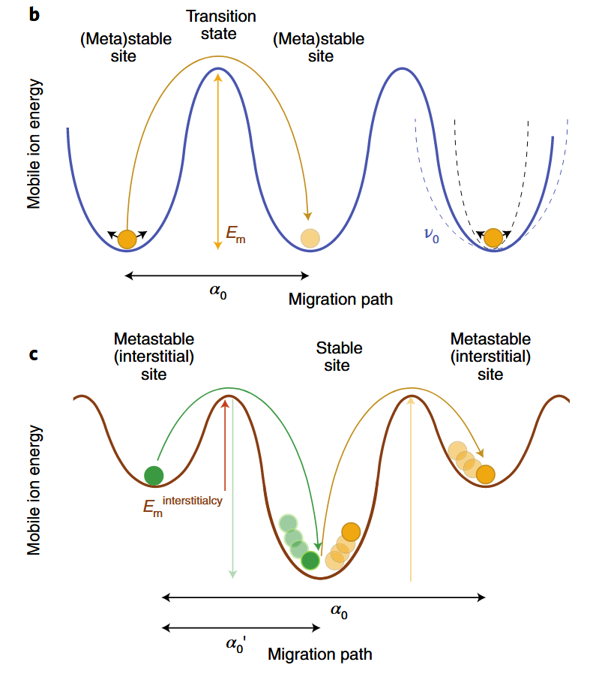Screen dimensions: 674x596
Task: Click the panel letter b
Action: pos(34,14)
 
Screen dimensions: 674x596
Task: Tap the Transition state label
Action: pos(220,25)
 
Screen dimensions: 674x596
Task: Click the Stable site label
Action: pos(339,357)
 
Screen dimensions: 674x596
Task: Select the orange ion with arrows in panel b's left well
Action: pos(127,239)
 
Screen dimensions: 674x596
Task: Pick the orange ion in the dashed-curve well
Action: pos(493,238)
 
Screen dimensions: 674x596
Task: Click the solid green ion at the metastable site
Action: pos(154,474)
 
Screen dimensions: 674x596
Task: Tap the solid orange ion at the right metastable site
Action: pos(485,474)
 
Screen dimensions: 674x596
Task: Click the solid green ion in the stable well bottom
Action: pos(310,560)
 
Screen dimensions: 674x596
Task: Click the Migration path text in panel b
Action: pos(340,299)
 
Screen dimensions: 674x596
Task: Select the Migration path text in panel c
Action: pos(319,654)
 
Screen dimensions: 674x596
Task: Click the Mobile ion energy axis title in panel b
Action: pos(34,142)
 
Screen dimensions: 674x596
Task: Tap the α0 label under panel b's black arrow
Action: pos(218,292)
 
